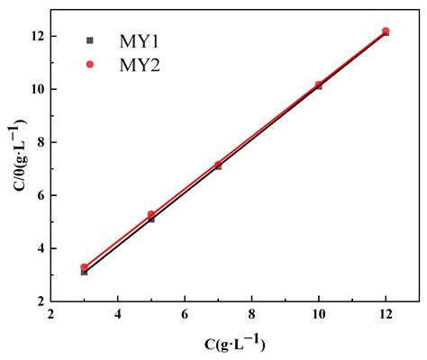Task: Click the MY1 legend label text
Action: (140, 40)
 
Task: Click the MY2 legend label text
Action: (140, 64)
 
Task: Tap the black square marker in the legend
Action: (90, 40)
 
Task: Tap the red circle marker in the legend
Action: (90, 64)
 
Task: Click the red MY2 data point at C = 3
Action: (85, 267)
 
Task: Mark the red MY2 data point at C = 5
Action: (151, 214)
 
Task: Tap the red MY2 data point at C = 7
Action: (218, 165)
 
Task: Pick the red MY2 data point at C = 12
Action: (386, 31)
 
